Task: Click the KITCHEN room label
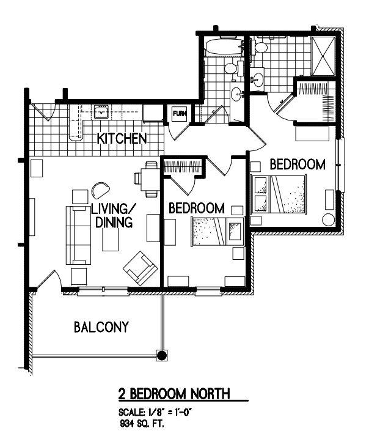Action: coord(122,139)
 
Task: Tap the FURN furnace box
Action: coord(179,113)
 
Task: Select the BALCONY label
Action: coord(101,327)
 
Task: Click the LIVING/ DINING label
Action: coord(114,216)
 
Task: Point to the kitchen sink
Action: coord(101,113)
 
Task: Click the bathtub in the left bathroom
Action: coord(224,48)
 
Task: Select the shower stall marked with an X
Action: coord(323,56)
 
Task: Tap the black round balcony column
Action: coord(161,355)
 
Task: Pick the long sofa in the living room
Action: coord(78,235)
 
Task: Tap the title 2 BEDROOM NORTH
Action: coord(174,394)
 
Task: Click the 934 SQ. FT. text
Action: coord(142,424)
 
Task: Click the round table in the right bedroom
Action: coord(328,219)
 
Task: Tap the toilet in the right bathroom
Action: coord(258,47)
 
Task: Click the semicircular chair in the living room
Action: coord(100,190)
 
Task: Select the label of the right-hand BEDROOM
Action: coord(298,164)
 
